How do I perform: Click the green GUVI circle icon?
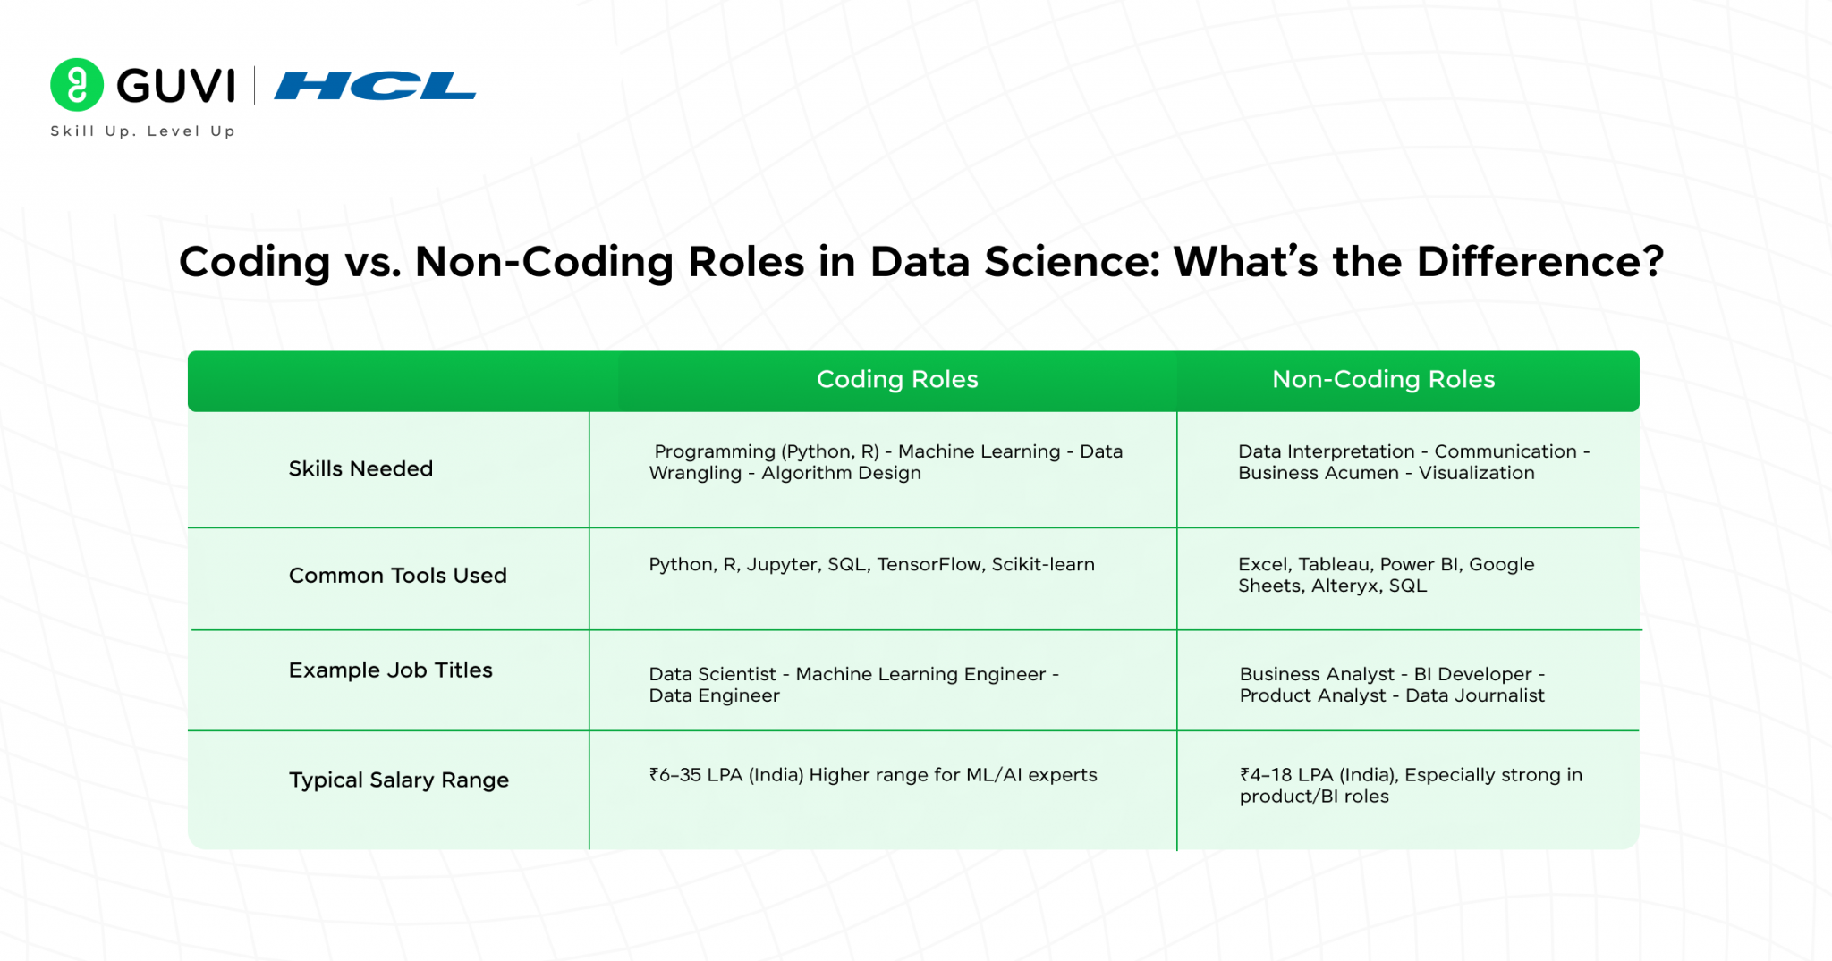pyautogui.click(x=77, y=85)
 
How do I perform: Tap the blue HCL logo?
pyautogui.click(x=375, y=86)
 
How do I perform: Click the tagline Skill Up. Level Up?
pyautogui.click(x=143, y=131)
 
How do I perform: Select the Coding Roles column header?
pyautogui.click(x=896, y=379)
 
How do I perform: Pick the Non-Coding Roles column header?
pyautogui.click(x=1383, y=379)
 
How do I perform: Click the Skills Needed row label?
pyautogui.click(x=360, y=468)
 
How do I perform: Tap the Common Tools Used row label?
pyautogui.click(x=397, y=575)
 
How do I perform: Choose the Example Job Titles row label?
pyautogui.click(x=390, y=670)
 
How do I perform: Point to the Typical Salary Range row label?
pyautogui.click(x=398, y=780)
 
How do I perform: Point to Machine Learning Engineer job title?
pyautogui.click(x=920, y=674)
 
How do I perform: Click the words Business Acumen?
pyautogui.click(x=1318, y=473)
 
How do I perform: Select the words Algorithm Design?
pyautogui.click(x=841, y=473)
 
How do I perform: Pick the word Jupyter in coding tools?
pyautogui.click(x=782, y=564)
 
